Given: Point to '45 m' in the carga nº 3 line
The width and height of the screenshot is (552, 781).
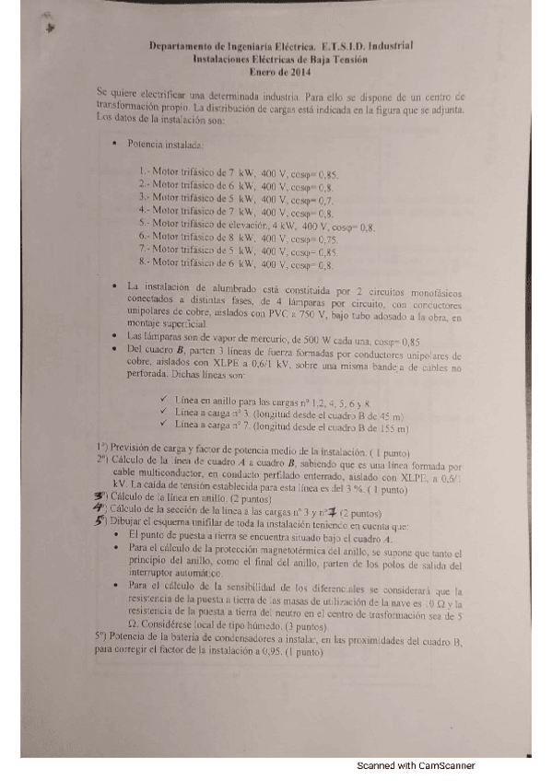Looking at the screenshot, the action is click(393, 414).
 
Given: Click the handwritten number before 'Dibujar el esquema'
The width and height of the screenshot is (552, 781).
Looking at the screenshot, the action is click(100, 521).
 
